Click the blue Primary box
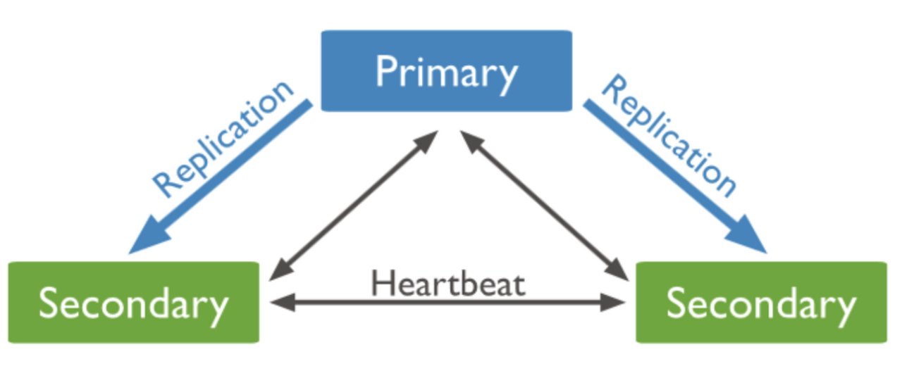pos(447,71)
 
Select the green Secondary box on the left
pos(134,303)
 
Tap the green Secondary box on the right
pos(762,303)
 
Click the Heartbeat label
pos(447,284)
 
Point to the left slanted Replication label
pos(223,139)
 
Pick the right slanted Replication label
pos(669,136)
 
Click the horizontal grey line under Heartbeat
pos(447,303)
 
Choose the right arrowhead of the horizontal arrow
pos(612,303)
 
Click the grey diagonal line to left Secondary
pos(354,206)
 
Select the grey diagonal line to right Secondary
pos(544,206)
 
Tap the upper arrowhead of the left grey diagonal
pos(426,141)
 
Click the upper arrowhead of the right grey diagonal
pos(472,141)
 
